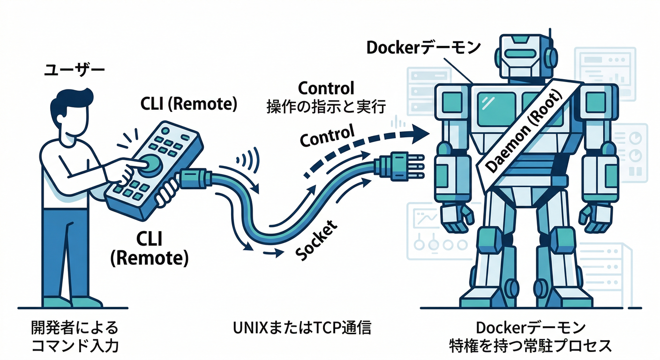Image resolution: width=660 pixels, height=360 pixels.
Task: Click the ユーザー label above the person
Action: (74, 71)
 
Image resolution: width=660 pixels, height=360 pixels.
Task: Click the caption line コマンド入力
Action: (75, 346)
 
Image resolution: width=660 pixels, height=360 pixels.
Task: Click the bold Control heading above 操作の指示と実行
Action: (326, 88)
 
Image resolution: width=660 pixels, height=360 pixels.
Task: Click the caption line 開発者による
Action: (75, 328)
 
